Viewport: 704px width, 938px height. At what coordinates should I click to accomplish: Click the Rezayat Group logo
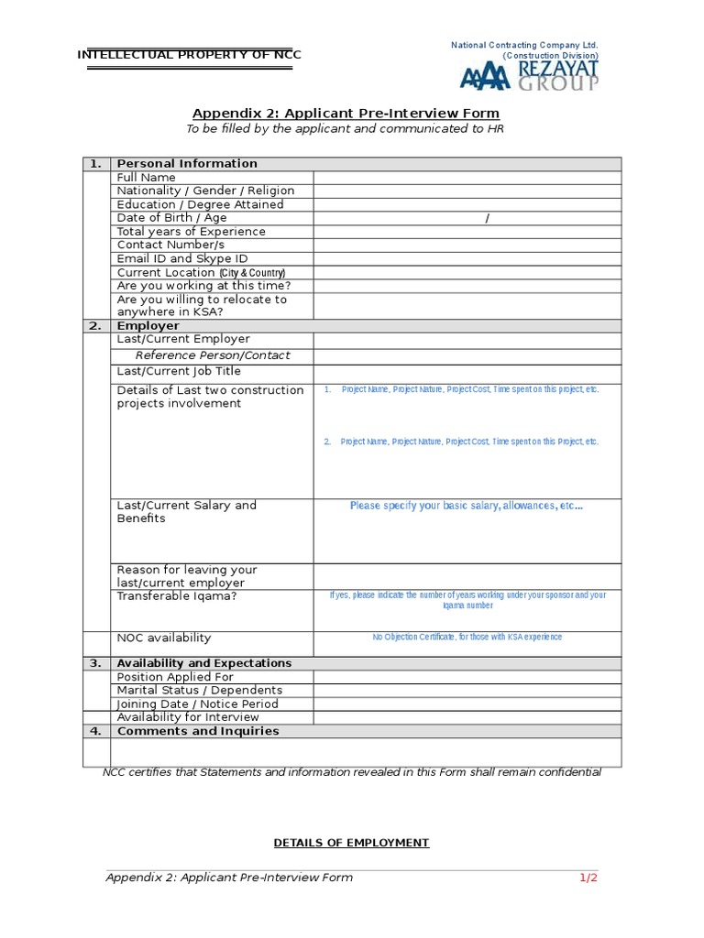click(530, 75)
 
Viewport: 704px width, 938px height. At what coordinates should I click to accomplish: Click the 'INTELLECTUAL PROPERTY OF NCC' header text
click(190, 55)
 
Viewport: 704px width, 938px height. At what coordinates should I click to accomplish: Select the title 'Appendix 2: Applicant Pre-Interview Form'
click(345, 112)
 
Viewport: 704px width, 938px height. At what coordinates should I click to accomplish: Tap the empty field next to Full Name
click(467, 177)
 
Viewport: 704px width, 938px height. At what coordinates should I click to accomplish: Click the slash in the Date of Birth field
click(487, 218)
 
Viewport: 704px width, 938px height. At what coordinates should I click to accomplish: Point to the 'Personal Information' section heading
click(187, 164)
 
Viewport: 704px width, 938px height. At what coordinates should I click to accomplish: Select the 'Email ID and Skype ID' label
click(182, 259)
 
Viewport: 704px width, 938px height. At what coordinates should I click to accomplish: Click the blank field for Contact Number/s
click(467, 245)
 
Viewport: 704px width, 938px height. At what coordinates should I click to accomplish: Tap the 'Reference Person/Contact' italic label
click(213, 355)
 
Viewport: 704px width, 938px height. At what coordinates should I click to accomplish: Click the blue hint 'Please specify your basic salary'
click(466, 506)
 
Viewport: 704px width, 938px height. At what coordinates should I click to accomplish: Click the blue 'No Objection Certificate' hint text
click(467, 637)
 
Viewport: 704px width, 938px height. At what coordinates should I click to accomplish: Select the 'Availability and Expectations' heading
click(203, 663)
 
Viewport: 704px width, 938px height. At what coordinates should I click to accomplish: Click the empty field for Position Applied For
click(467, 677)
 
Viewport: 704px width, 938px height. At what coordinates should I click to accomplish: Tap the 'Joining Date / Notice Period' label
click(197, 704)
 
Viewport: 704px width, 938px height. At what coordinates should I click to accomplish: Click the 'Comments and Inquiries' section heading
click(197, 731)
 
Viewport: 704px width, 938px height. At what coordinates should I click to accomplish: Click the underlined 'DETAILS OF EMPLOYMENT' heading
click(351, 843)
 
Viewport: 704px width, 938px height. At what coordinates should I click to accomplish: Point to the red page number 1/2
click(588, 878)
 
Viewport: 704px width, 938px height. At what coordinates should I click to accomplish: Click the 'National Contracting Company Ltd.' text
click(524, 45)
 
